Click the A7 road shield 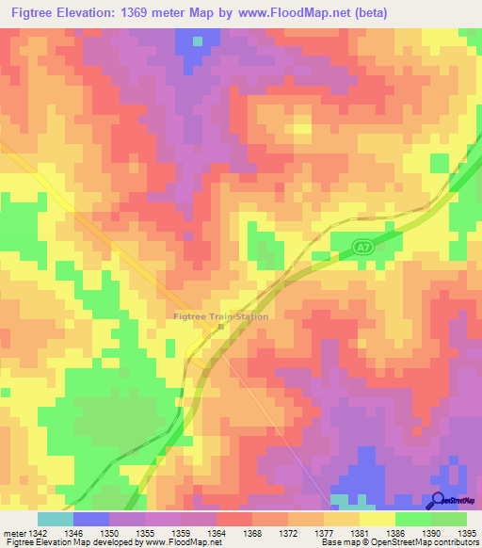(x=362, y=247)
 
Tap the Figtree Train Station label (x=221, y=316)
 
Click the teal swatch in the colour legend (x=55, y=519)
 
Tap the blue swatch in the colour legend (x=90, y=519)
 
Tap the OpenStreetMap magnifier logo (x=439, y=501)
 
